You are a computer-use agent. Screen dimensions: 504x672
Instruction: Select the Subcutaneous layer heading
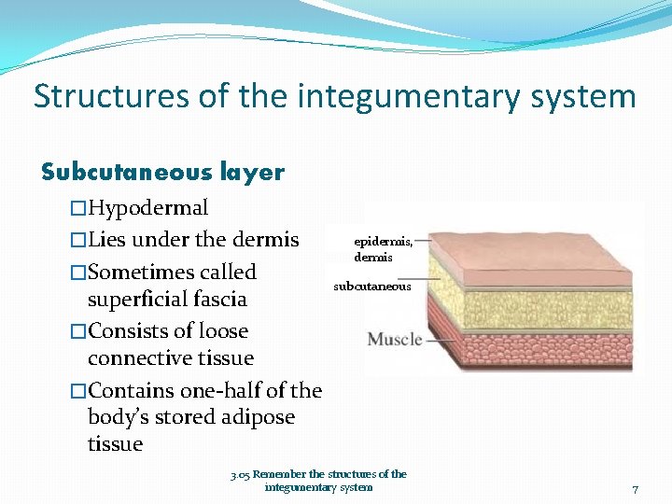pos(163,172)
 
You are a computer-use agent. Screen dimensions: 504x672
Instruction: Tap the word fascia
pos(216,299)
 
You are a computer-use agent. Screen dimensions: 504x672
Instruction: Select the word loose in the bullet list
pos(219,330)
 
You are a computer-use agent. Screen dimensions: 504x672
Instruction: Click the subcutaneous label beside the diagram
pos(371,287)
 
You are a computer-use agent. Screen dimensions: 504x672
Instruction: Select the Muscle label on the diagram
pos(395,339)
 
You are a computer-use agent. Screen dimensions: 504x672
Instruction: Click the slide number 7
pos(635,489)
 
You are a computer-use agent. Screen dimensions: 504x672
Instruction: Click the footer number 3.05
pos(240,474)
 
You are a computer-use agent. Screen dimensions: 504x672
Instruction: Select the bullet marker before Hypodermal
pos(78,207)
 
